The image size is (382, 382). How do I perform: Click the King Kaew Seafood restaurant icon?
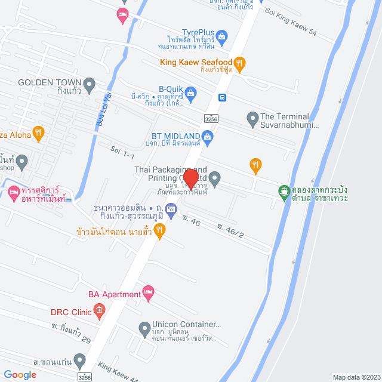[239, 63]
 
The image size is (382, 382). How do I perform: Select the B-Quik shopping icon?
[190, 92]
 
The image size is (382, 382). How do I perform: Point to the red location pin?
[190, 178]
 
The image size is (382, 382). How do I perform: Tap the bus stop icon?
[222, 97]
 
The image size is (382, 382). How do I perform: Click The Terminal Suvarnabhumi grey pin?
[252, 117]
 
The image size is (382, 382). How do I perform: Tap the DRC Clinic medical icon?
[100, 312]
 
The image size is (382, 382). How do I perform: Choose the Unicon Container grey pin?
[144, 327]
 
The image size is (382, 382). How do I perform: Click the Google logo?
[20, 374]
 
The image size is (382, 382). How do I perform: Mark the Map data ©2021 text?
[356, 377]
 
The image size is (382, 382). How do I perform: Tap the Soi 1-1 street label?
[122, 152]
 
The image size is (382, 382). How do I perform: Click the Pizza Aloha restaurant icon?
[38, 133]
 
